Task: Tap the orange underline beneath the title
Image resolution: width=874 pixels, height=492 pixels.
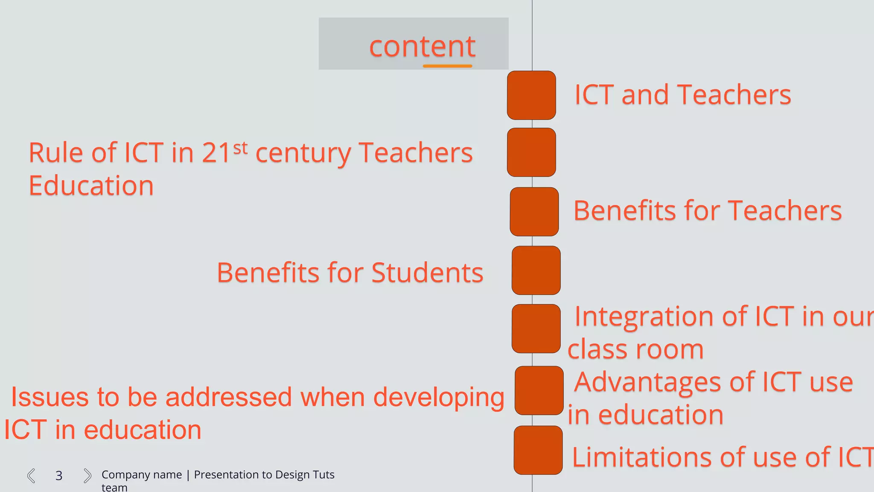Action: [447, 66]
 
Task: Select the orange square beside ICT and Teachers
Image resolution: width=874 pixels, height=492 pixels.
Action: [531, 95]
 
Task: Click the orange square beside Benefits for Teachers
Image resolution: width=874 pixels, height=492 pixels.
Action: [534, 212]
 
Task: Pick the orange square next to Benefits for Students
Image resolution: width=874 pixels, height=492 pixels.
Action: [536, 270]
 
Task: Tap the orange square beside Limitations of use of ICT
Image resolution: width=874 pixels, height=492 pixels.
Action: [538, 450]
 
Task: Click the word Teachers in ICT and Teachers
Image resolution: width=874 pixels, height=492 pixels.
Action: [734, 95]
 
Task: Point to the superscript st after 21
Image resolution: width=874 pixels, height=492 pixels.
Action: [240, 148]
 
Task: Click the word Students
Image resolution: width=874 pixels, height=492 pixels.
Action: [427, 273]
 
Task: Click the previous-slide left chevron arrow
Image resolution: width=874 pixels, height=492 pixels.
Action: [31, 475]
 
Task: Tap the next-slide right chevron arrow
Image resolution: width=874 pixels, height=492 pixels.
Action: [87, 475]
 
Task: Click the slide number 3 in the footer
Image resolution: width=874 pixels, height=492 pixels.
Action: [59, 476]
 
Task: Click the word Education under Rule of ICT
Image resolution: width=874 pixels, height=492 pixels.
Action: [91, 186]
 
